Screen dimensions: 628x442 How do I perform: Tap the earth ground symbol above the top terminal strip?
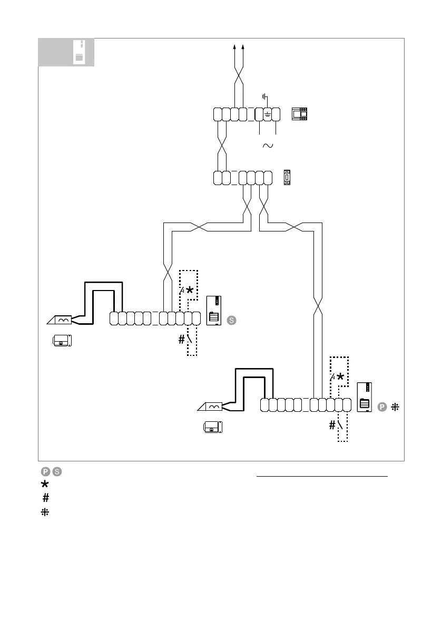(266, 97)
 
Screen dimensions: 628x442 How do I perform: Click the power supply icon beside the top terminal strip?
(300, 113)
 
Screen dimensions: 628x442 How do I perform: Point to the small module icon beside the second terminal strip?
(287, 177)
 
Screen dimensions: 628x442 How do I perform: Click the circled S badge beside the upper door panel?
(231, 320)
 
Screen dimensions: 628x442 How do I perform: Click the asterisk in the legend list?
(46, 484)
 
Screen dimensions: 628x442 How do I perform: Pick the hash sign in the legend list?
(46, 497)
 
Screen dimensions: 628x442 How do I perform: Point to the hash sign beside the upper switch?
(182, 340)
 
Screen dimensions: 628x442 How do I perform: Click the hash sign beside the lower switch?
(332, 426)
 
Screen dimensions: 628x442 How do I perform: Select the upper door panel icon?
(214, 311)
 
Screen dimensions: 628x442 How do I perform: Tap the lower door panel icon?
(365, 397)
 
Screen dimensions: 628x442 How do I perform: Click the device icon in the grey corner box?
(78, 53)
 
